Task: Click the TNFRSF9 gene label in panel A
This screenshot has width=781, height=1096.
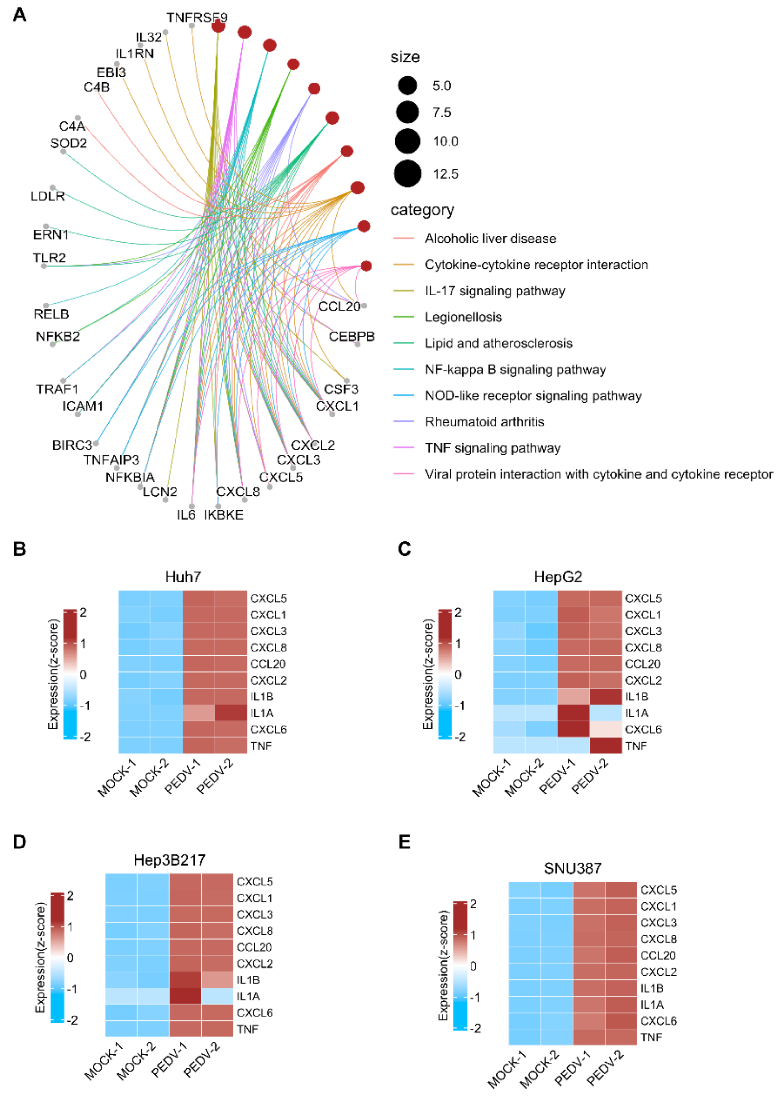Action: click(x=197, y=18)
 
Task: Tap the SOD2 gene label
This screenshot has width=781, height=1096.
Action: click(x=68, y=143)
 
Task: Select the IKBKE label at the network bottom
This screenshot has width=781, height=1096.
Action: click(x=224, y=515)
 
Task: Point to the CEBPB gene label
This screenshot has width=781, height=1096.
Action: click(x=352, y=336)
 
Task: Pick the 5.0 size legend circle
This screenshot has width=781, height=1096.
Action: click(x=407, y=86)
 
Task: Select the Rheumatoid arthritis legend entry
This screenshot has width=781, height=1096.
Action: click(x=484, y=422)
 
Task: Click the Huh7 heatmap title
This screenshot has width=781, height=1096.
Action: click(x=183, y=576)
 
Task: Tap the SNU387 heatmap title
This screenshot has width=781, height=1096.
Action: click(x=572, y=868)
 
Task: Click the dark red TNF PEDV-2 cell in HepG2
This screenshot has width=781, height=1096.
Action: click(x=605, y=745)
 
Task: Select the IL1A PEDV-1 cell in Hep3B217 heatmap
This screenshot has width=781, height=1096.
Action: click(x=185, y=996)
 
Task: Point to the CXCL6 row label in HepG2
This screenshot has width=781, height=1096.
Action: click(x=643, y=730)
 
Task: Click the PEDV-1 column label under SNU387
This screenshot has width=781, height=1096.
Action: click(x=572, y=1068)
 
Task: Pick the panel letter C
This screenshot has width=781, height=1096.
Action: click(x=405, y=549)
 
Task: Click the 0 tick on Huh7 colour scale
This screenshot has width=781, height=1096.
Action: click(x=83, y=674)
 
